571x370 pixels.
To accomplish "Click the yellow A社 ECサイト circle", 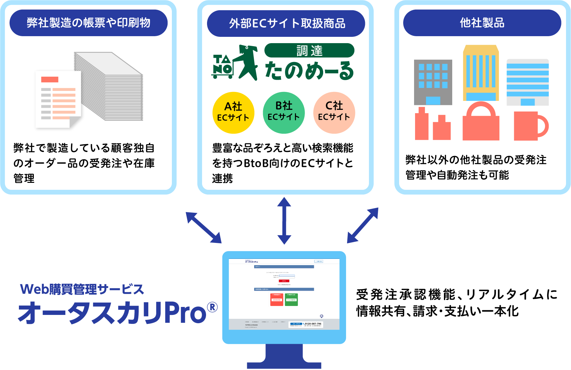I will pos(233,113).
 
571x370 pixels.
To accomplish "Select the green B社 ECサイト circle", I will pos(284,113).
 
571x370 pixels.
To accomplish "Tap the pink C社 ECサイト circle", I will pos(334,113).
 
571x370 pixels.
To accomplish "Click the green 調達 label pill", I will pos(309,50).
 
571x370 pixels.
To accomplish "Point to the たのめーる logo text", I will pos(309,71).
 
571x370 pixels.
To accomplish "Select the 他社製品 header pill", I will pos(482,23).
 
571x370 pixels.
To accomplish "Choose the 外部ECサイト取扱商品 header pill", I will pos(286,24).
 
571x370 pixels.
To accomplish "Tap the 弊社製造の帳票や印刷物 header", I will pos(89,23).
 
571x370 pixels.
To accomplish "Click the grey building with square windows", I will pos(433,82).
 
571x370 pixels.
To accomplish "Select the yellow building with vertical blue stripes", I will pos(481,73).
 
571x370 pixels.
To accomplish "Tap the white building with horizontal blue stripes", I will pos(528,82).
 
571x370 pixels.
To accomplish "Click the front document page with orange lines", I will pos(58,99).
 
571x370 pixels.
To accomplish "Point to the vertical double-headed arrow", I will pos(284,221).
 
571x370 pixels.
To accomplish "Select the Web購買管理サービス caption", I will pos(82,289).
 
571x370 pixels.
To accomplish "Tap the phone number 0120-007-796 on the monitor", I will pos(313,324).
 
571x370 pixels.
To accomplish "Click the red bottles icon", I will pos(432,124).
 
